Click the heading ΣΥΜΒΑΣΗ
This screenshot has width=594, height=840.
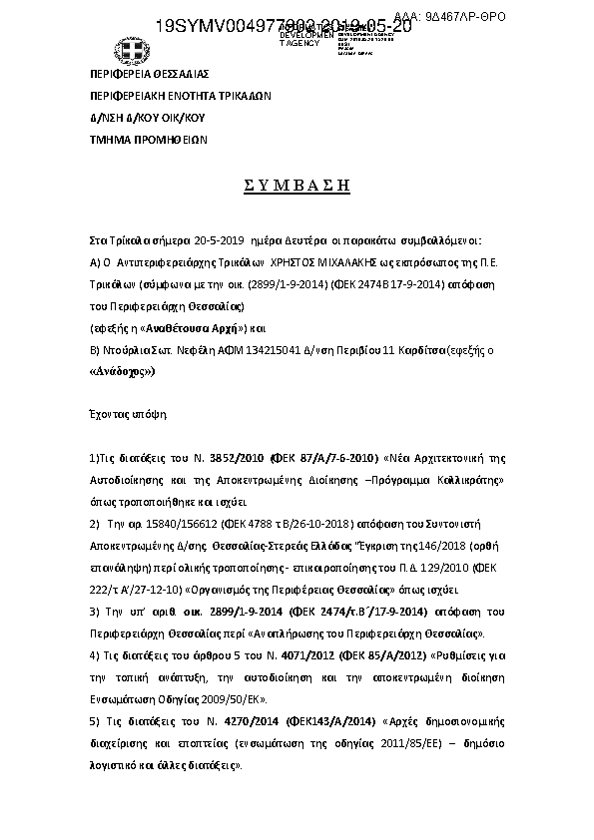[297, 185]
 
